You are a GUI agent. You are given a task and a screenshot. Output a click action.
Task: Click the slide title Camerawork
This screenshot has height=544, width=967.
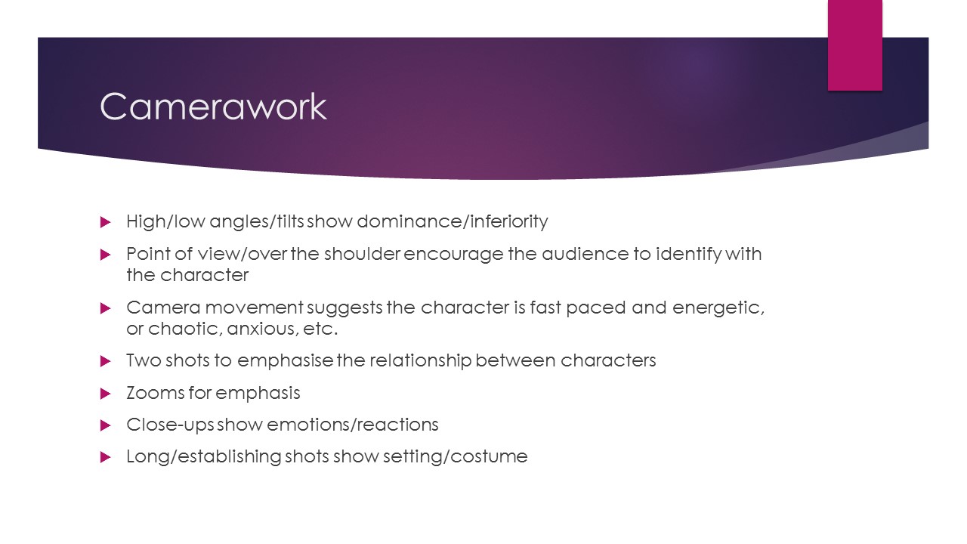213,107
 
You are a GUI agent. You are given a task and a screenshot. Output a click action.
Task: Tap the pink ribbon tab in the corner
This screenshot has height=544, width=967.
855,45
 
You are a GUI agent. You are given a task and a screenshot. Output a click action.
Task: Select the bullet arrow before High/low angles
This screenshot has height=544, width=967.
105,222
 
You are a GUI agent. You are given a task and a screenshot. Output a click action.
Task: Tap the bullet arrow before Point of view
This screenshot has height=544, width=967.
105,255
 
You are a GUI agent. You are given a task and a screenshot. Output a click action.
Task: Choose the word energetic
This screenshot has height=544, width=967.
715,308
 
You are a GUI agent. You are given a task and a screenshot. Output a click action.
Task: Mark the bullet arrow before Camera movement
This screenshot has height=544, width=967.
105,308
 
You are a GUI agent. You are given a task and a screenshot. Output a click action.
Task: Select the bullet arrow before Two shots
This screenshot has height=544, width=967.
105,361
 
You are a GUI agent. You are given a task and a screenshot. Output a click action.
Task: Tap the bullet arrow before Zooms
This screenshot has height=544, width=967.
105,394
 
